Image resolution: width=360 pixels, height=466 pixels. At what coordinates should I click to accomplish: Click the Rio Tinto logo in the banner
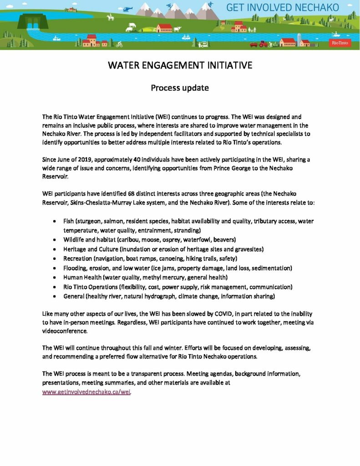pos(337,42)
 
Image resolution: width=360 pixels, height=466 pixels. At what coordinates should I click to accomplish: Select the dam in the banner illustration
pos(33,21)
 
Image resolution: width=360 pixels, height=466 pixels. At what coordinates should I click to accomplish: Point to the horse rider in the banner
pos(110,18)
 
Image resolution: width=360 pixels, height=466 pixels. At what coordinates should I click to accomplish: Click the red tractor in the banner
pos(263,44)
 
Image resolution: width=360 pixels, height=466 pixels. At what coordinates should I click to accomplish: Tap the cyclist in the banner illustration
pos(119,44)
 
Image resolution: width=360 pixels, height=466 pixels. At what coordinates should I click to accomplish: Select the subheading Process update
pos(180,88)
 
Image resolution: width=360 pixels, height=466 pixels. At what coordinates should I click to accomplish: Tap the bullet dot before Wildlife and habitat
pos(55,239)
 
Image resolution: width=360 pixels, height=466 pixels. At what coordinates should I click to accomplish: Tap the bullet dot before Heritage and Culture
pos(55,249)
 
